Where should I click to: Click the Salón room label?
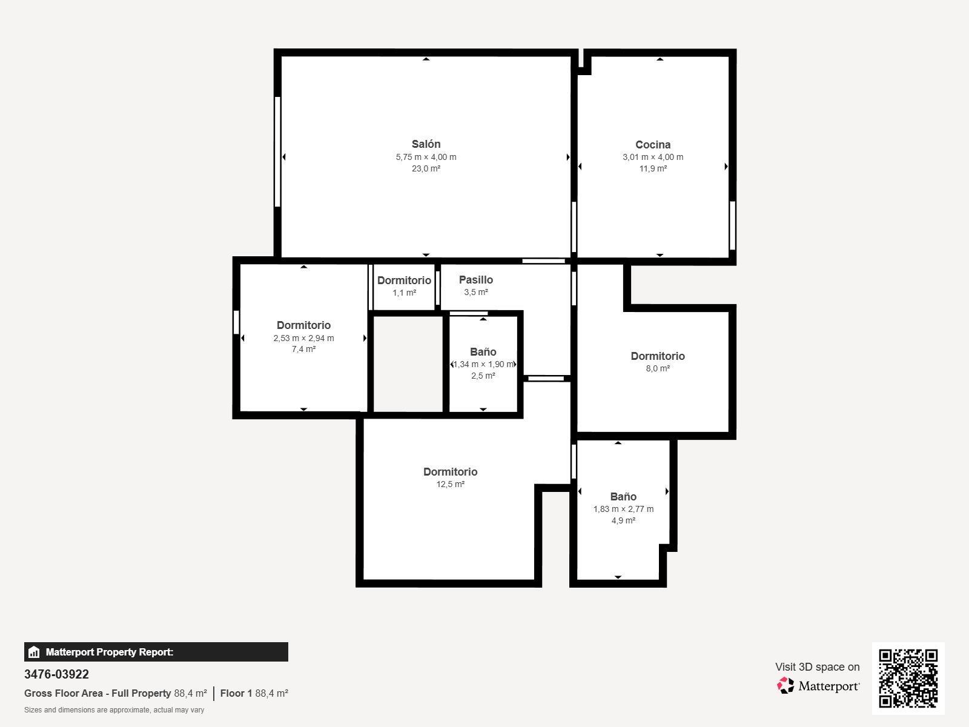click(x=426, y=144)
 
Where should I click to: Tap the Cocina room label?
click(x=653, y=145)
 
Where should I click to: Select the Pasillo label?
click(x=475, y=280)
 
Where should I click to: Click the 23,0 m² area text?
click(x=426, y=168)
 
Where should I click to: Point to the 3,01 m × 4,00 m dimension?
click(x=653, y=157)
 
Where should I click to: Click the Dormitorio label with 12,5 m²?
click(x=450, y=472)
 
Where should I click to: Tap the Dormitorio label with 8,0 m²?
click(x=658, y=356)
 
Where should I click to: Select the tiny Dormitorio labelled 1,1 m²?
click(x=404, y=281)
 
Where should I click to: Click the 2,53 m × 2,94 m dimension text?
click(x=303, y=338)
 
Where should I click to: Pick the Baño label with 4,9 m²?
click(x=623, y=497)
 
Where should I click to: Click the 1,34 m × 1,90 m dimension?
click(x=483, y=364)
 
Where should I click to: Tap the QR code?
click(x=908, y=678)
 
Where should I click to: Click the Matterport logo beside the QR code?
click(x=819, y=686)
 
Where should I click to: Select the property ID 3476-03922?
click(x=56, y=674)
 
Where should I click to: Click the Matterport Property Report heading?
click(x=109, y=652)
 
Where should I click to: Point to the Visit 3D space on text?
click(x=817, y=667)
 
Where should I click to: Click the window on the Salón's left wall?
click(x=277, y=151)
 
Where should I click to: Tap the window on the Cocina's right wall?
click(x=732, y=225)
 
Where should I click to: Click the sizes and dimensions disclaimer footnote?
click(x=114, y=710)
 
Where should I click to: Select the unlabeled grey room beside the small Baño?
click(x=408, y=363)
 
